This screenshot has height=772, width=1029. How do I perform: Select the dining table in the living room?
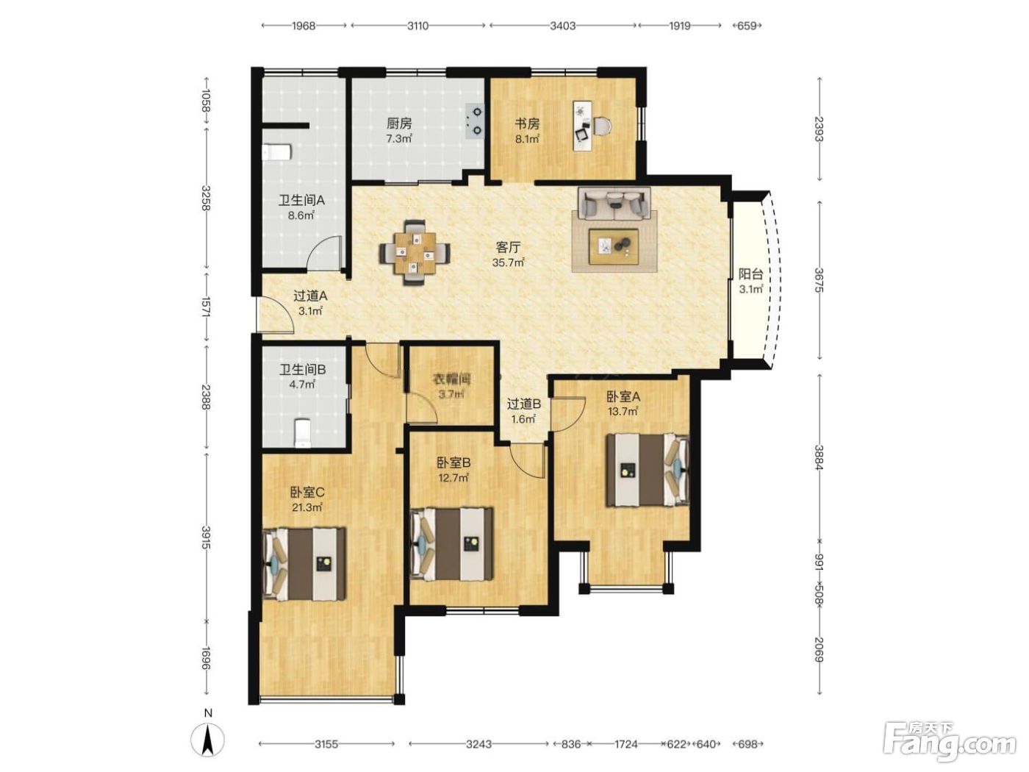(415, 252)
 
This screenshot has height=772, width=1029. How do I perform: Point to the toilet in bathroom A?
(276, 153)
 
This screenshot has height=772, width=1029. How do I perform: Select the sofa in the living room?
(614, 203)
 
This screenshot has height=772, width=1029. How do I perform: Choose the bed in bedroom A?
(648, 470)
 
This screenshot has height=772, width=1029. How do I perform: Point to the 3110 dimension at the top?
(417, 26)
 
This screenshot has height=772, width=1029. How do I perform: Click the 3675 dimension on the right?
(819, 280)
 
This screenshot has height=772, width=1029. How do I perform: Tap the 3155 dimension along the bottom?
(326, 744)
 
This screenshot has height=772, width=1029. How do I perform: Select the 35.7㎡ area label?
(508, 262)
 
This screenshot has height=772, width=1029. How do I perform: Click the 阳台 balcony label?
(751, 274)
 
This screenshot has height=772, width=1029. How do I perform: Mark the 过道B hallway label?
(524, 404)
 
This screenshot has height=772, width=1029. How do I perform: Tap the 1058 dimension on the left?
(205, 101)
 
